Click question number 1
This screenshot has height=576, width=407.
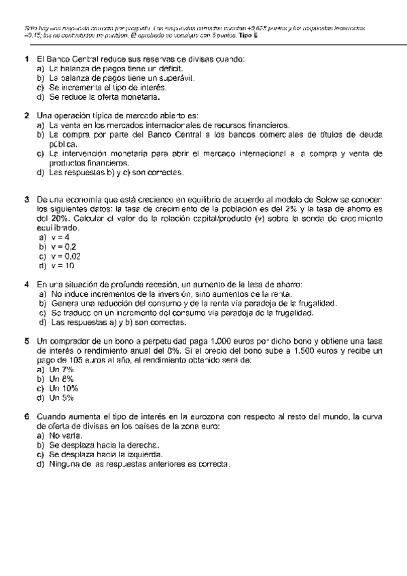point(26,59)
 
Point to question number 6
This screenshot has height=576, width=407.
point(26,416)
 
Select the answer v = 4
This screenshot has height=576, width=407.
point(54,238)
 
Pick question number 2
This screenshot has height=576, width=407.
point(26,115)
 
